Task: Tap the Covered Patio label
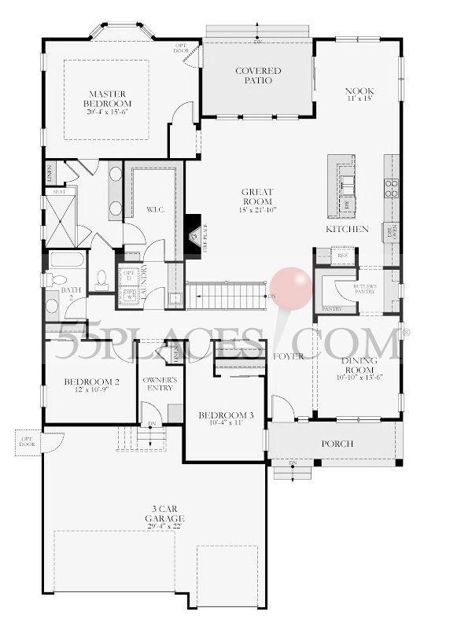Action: tap(258, 76)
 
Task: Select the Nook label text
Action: tap(357, 95)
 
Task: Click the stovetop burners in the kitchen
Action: tap(391, 186)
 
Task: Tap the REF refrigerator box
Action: tap(341, 256)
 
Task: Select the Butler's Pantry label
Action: tap(363, 289)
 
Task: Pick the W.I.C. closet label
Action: tap(154, 210)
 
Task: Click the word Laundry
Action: tap(144, 279)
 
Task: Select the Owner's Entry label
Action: tap(159, 384)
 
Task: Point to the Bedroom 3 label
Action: tap(215, 418)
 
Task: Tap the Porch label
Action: tap(337, 444)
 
